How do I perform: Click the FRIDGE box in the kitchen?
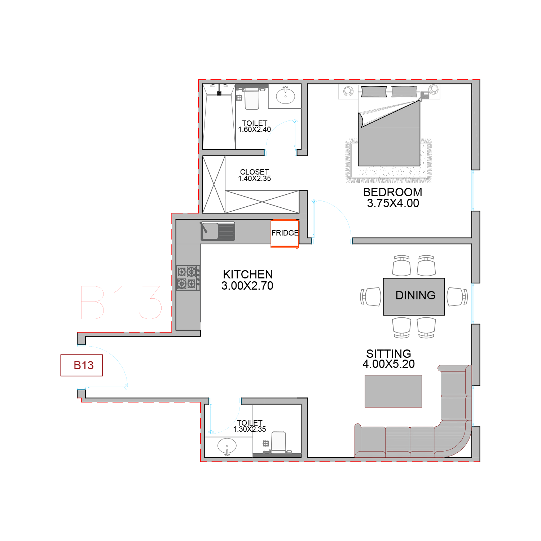pos(285,234)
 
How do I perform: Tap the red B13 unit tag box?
pos(82,365)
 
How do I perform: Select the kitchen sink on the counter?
pos(218,231)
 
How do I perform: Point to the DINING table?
pos(414,296)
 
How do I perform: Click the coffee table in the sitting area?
pos(393,391)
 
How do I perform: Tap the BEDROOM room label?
pos(393,192)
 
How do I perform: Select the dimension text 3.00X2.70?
pos(247,286)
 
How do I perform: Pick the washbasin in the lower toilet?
pos(227,447)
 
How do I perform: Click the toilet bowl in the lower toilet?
pos(278,441)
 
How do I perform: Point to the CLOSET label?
pos(255,172)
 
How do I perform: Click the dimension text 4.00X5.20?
pos(389,364)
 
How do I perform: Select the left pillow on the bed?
pos(374,92)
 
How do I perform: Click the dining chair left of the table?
pos(371,296)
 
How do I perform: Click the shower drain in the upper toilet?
pos(219,93)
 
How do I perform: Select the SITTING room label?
pos(389,353)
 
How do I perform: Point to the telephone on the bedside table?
pos(425,95)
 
